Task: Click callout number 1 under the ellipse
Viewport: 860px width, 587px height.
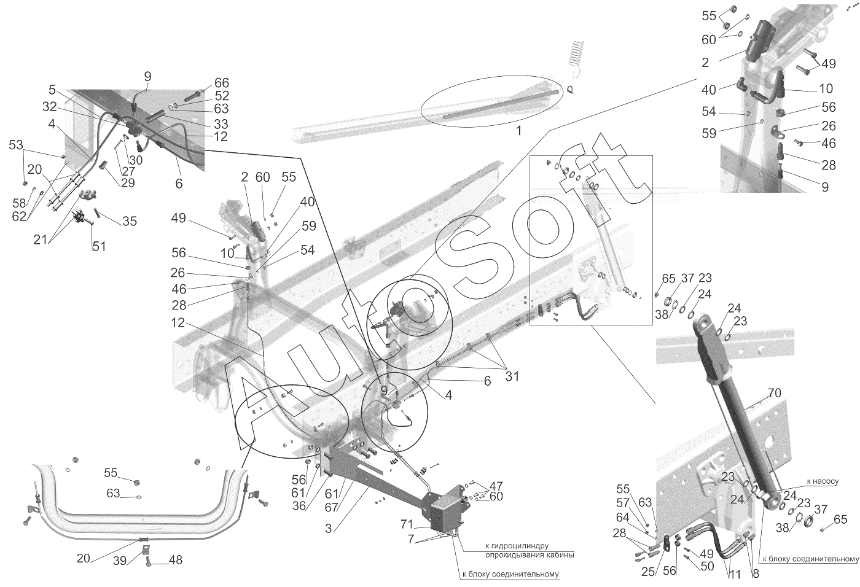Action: (x=518, y=131)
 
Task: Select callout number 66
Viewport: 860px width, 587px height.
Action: (x=222, y=83)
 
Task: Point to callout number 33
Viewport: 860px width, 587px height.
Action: (x=221, y=124)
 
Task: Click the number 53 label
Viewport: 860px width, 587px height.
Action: (x=16, y=145)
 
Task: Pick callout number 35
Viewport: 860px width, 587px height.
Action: (x=130, y=221)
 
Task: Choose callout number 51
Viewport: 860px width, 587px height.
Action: (x=99, y=246)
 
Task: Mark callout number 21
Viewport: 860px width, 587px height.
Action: (x=41, y=240)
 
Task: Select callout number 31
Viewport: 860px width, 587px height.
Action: (x=512, y=376)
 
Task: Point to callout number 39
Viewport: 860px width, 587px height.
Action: (x=120, y=561)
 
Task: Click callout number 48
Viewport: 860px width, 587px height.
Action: (x=176, y=560)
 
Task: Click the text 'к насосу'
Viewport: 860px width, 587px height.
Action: (x=823, y=481)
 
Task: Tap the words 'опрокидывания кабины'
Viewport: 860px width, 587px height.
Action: (x=530, y=555)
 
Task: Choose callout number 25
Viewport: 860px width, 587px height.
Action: (x=649, y=572)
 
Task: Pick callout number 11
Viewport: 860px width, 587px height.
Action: (x=735, y=574)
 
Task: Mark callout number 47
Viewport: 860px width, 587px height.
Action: (x=496, y=485)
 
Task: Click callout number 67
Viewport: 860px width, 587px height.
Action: (x=331, y=507)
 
